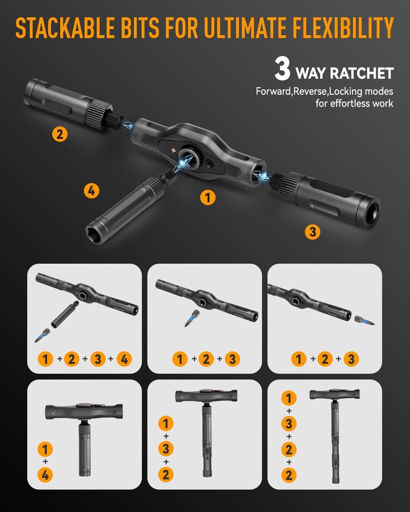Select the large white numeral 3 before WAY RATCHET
coord(282,71)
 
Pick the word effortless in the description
coord(349,103)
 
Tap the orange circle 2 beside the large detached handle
coord(60,135)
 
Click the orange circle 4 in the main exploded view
coord(91,191)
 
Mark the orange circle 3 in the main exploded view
coord(313,232)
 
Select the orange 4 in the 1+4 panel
coord(46,475)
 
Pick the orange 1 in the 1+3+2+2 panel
coord(289,398)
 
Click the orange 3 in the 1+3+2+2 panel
coord(289,423)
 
